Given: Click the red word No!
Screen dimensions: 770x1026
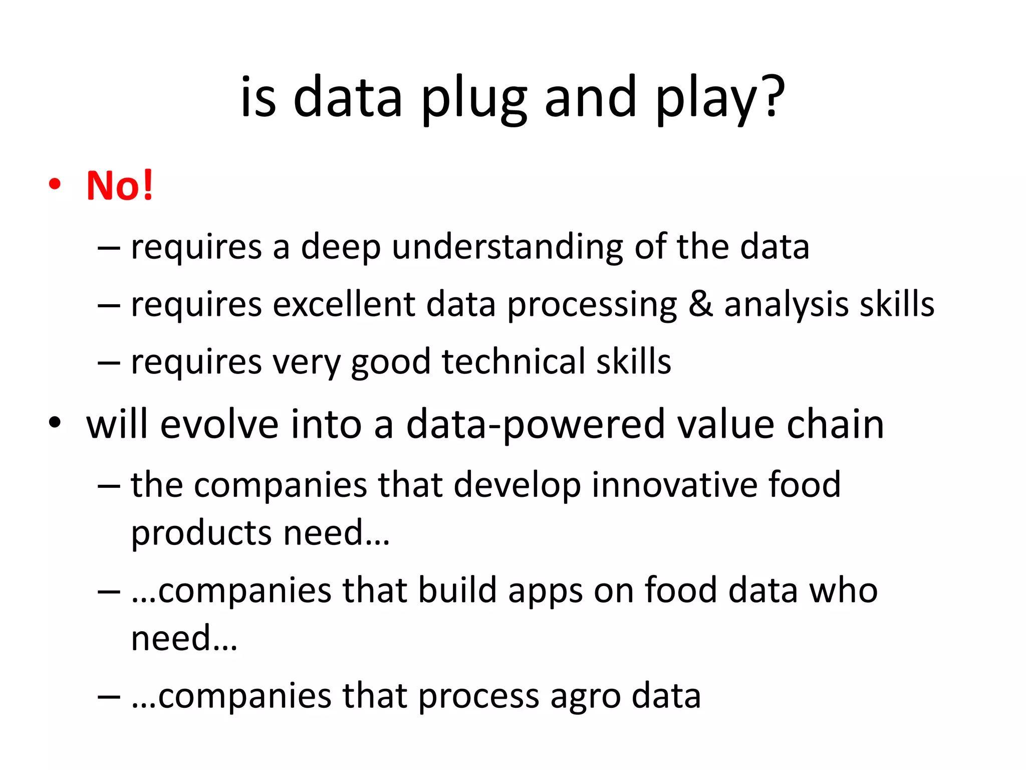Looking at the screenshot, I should click(119, 185).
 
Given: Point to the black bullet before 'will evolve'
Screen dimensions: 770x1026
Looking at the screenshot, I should click(55, 423).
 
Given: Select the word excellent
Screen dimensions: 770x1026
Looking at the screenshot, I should click(344, 304).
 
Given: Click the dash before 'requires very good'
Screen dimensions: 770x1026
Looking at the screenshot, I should click(109, 361).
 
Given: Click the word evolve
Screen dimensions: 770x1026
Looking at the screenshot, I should click(218, 424).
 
